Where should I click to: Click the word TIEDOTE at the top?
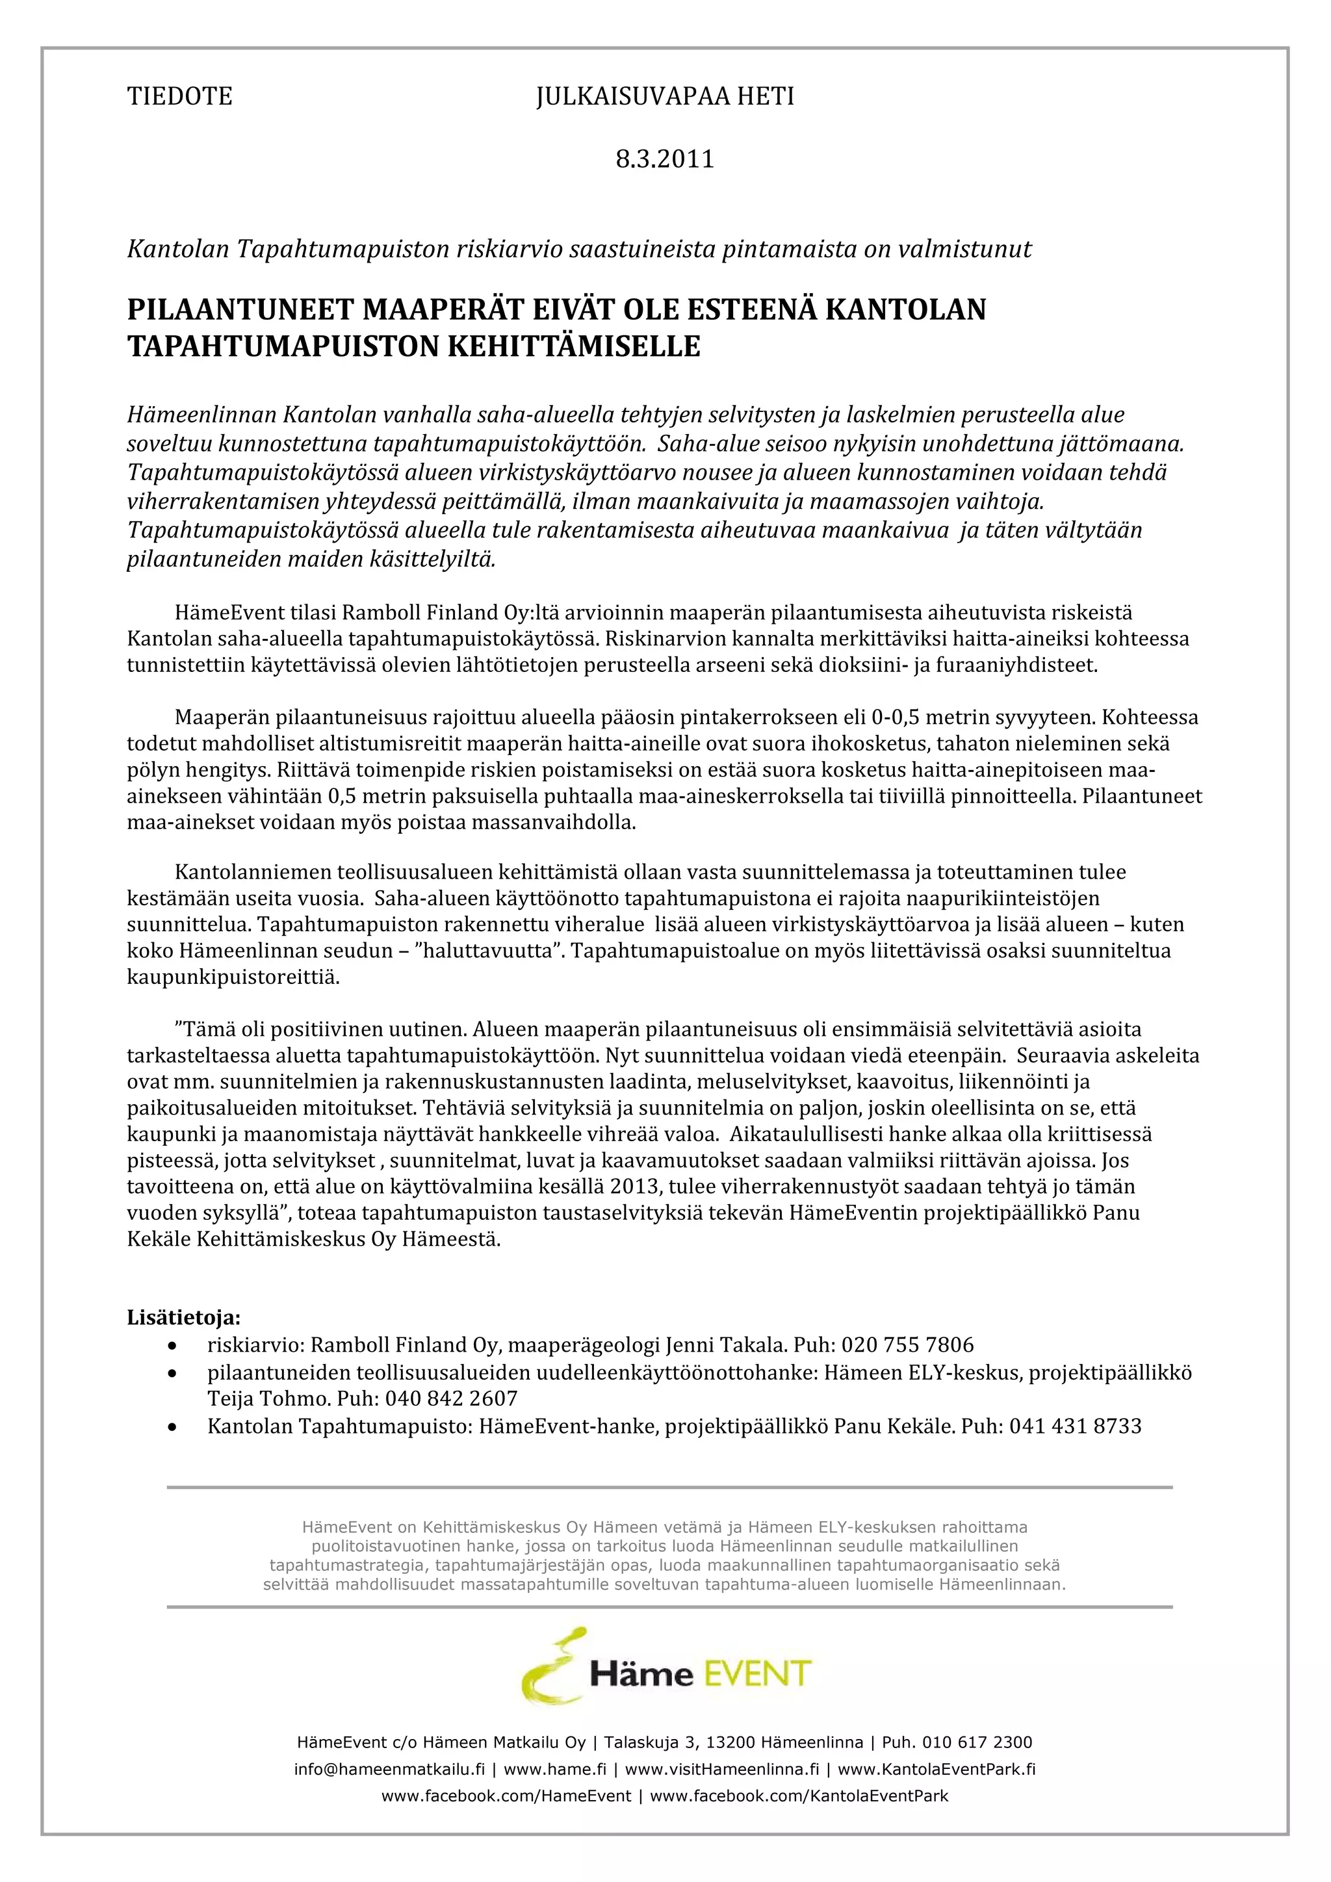(x=179, y=97)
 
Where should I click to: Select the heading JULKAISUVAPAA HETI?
(x=665, y=97)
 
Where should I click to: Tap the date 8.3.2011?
(x=665, y=158)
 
